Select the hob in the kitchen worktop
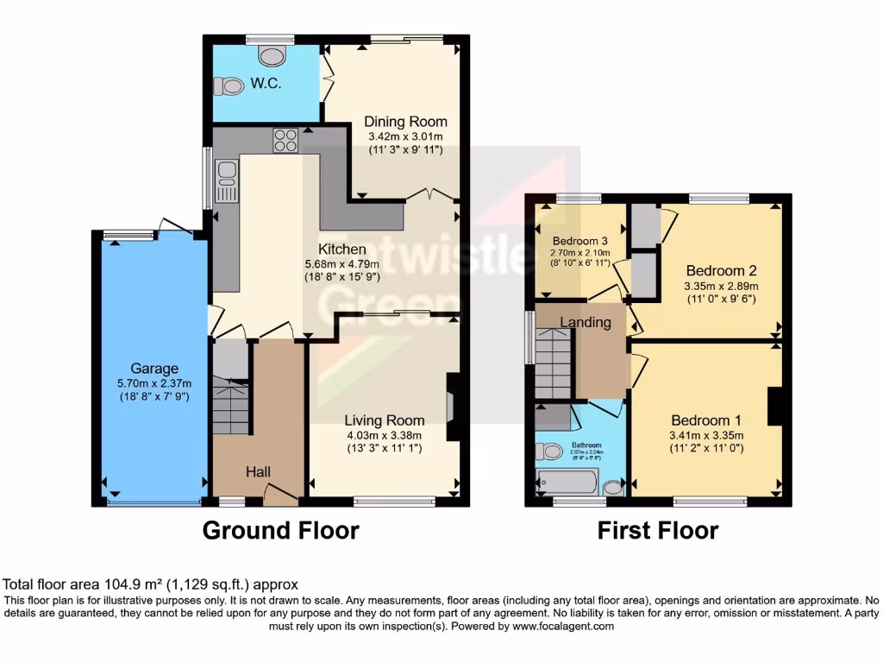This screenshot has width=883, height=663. pos(285,140)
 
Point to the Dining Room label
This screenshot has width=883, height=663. pos(405,122)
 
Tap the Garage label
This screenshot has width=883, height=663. pos(154,367)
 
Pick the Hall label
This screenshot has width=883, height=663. pos(259,471)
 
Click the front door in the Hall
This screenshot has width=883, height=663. pos(280,496)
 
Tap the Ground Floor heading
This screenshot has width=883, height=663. pos(280,529)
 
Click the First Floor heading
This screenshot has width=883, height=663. pos(658,529)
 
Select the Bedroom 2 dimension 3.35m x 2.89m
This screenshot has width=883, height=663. pos(721,287)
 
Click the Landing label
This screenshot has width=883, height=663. pos(586,323)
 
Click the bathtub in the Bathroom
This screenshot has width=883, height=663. pos(567,482)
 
